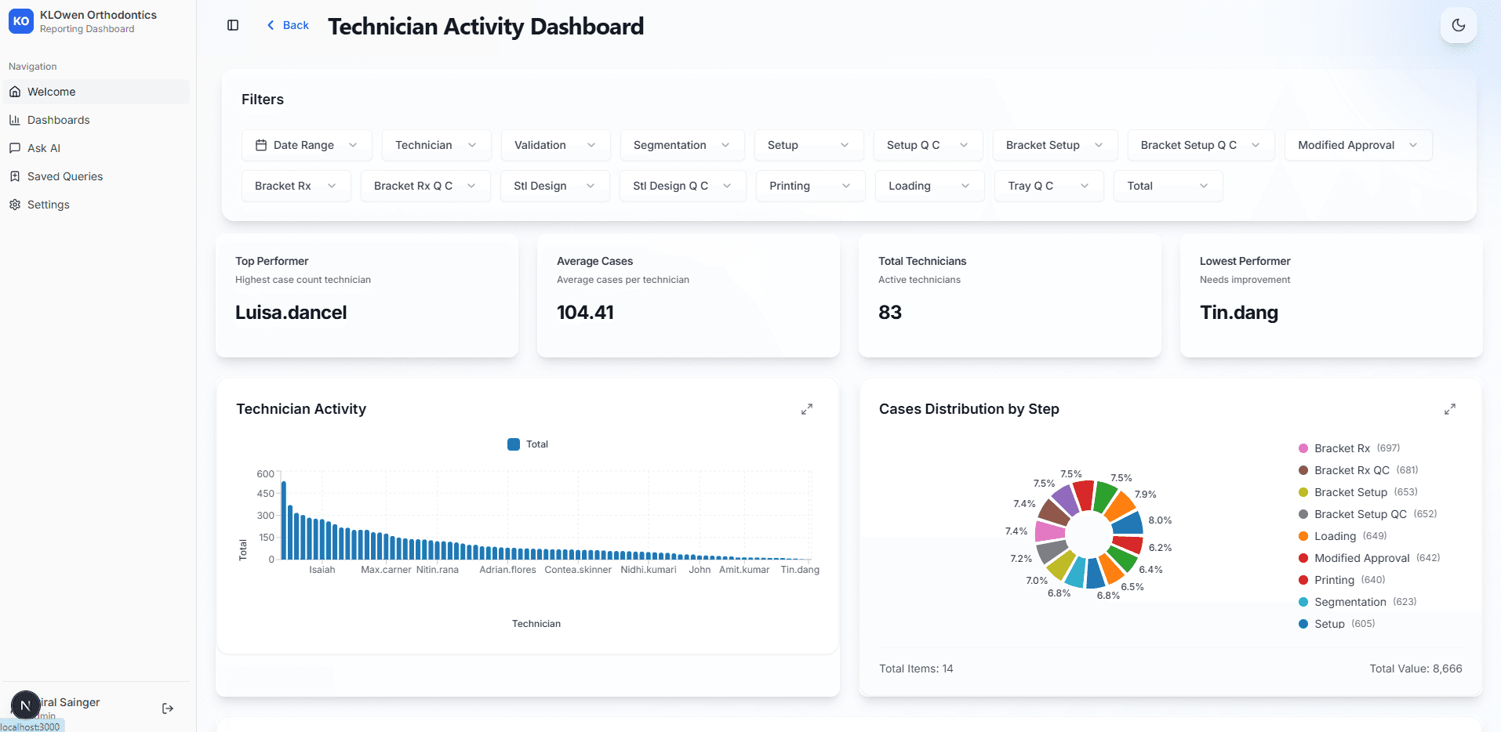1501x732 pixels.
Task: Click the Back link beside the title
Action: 288,25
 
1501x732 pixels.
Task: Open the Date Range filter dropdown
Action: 307,145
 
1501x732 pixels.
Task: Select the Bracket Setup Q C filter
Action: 1200,145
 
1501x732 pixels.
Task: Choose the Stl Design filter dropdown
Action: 554,186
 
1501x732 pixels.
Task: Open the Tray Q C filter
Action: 1048,186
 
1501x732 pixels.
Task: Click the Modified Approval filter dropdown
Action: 1357,145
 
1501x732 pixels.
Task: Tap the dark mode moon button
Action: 1458,25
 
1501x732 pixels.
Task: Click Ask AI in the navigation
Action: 44,148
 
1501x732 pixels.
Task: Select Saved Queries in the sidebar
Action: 65,176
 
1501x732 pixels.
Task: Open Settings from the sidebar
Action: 49,205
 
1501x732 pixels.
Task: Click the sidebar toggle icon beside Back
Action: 233,25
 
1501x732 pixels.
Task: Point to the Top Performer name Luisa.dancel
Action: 291,313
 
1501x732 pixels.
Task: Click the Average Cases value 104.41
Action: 585,313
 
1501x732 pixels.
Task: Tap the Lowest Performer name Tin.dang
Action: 1238,313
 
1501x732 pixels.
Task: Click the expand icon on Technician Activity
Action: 806,409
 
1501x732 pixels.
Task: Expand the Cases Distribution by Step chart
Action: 1449,409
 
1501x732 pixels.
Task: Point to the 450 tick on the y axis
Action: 265,494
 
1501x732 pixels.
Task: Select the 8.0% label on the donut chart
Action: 1160,520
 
